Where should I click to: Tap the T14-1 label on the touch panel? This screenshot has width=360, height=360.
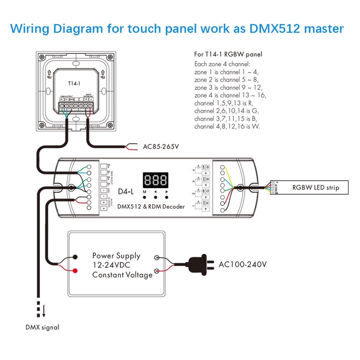point(74,83)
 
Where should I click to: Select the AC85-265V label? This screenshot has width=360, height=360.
point(161,147)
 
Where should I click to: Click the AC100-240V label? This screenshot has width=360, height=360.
point(243,265)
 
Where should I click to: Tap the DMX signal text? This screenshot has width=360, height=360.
point(42,327)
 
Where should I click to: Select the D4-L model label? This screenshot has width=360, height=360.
point(126,192)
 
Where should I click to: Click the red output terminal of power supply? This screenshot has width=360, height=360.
point(75,271)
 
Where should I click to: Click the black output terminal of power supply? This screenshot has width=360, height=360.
point(75,257)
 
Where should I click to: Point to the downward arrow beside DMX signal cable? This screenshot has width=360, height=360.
point(44,310)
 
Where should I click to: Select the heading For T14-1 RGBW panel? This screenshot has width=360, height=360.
point(228,54)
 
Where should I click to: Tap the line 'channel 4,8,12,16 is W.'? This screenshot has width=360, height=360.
point(227,126)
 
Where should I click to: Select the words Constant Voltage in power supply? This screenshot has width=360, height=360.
point(122,275)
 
